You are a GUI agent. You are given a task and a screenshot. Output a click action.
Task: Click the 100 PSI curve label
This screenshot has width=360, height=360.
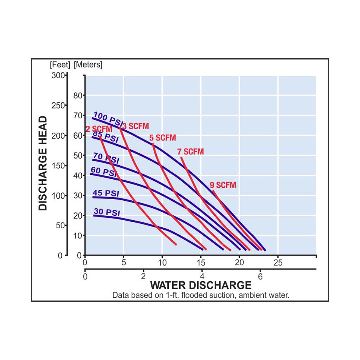108,119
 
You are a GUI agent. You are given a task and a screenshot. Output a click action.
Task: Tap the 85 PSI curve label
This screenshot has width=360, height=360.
105,136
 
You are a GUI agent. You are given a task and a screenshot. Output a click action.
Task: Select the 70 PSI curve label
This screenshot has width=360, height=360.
106,158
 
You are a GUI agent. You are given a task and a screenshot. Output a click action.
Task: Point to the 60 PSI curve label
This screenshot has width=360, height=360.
103,172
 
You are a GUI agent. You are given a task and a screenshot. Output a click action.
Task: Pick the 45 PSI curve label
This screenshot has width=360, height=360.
106,193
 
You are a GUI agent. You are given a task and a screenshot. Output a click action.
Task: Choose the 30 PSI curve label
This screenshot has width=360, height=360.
107,212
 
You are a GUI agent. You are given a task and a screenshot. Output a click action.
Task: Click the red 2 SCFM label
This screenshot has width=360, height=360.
99,129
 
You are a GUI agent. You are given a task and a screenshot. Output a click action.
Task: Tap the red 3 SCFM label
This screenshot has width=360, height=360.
136,126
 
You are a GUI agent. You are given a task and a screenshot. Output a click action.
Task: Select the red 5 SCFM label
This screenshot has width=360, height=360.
162,138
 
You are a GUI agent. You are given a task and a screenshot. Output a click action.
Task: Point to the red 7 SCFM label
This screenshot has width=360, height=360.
190,152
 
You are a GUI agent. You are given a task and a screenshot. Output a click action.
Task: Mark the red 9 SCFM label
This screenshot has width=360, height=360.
223,185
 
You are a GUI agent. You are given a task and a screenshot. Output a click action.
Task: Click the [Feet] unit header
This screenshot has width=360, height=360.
60,65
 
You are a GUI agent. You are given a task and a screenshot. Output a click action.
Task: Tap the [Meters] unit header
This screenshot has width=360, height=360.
88,65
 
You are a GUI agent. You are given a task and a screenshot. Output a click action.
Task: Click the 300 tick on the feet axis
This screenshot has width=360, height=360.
58,75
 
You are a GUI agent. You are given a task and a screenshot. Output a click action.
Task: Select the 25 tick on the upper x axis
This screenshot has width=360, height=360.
278,262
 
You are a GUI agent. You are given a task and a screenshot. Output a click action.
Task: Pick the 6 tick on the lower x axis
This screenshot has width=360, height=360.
260,276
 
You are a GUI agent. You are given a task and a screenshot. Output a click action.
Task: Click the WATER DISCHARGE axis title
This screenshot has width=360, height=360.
201,285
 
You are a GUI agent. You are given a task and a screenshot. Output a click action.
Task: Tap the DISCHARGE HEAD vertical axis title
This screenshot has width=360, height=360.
43,163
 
